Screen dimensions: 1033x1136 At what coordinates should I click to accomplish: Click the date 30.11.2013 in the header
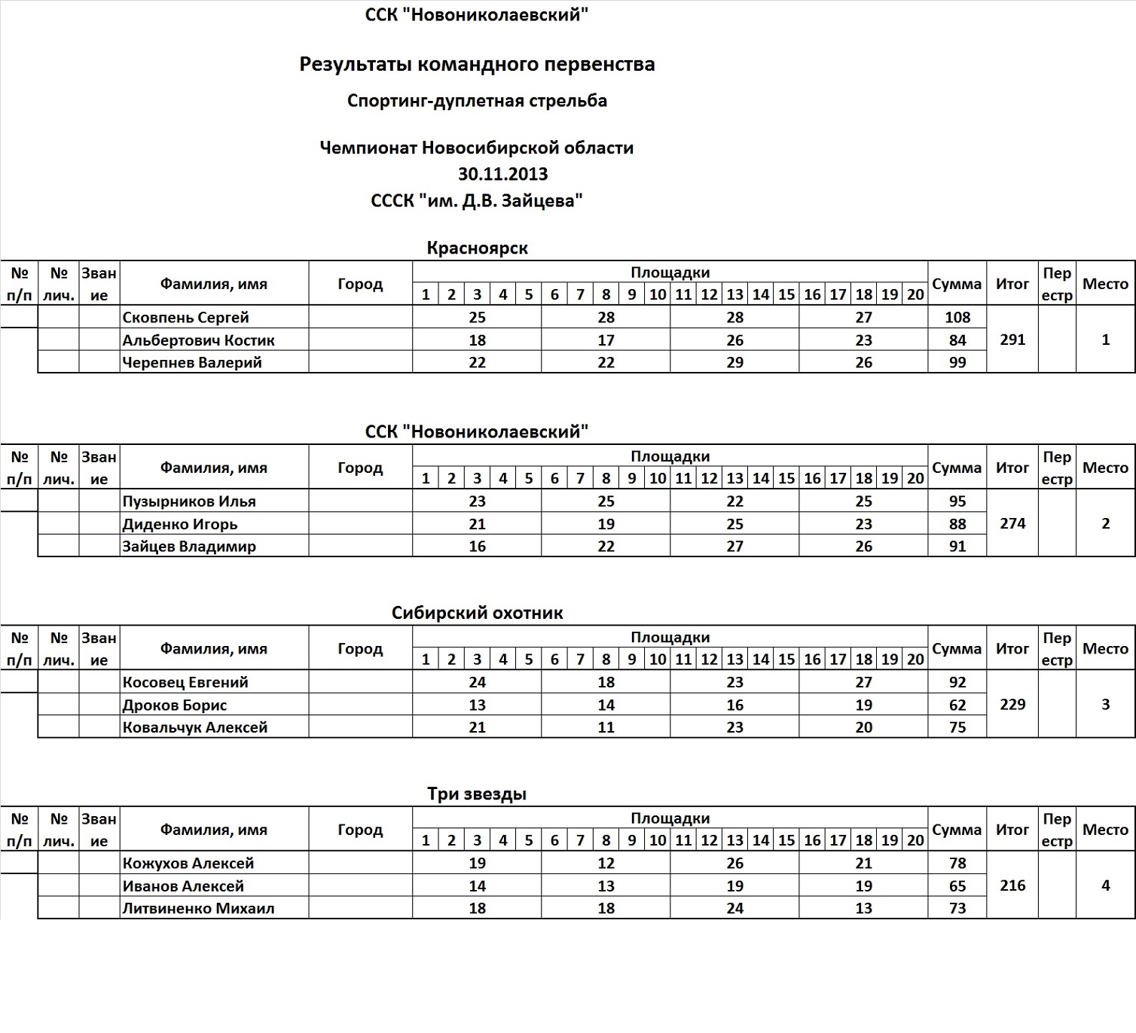[x=502, y=174]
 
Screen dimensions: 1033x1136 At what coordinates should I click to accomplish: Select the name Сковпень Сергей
[x=185, y=317]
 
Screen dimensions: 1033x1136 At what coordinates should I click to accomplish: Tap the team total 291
[x=1012, y=340]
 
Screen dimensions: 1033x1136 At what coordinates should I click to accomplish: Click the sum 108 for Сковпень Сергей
[x=957, y=317]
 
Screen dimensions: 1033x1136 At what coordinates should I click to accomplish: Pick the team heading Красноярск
[x=477, y=248]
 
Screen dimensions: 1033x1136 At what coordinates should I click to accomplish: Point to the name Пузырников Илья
[x=189, y=501]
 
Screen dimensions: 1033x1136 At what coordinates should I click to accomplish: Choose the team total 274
[x=1012, y=523]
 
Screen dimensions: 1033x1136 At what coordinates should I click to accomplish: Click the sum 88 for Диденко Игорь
[x=957, y=523]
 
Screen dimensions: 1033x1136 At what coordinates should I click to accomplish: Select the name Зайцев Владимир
[x=189, y=546]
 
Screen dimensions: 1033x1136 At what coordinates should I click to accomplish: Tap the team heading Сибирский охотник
[x=477, y=613]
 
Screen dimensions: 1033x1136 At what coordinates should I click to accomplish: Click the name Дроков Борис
[x=175, y=705]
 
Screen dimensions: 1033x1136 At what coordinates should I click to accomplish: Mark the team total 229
[x=1012, y=704]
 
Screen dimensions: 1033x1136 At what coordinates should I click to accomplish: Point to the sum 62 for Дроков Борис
[x=957, y=705]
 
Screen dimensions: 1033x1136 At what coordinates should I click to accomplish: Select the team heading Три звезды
[x=477, y=794]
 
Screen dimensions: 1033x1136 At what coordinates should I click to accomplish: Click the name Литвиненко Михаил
[x=198, y=908]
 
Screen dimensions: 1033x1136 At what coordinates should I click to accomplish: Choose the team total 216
[x=1012, y=885]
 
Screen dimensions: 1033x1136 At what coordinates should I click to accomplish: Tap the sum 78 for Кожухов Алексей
[x=957, y=863]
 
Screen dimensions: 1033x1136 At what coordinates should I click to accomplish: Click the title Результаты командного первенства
[x=477, y=64]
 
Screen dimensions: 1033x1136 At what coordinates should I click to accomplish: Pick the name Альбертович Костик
[x=198, y=340]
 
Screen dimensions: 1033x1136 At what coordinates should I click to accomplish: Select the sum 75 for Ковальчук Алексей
[x=957, y=727]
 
